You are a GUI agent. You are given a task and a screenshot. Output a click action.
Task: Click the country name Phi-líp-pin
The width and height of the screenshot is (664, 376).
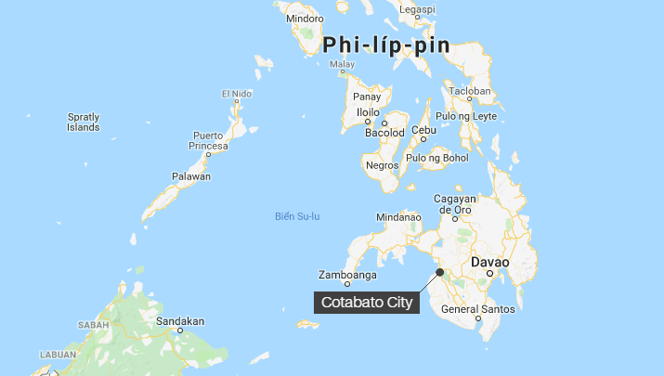point(385,45)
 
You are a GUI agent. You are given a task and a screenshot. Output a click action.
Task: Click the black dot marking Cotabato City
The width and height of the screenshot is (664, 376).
point(439,272)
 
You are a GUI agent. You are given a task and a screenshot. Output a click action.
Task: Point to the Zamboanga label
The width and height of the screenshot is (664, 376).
point(347,275)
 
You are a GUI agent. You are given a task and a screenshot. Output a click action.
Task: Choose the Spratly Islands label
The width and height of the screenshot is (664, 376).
point(84,122)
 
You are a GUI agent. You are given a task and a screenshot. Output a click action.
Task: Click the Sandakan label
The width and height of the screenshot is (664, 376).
point(180,321)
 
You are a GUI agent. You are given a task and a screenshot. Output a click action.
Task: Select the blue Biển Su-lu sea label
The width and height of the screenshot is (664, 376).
point(297,216)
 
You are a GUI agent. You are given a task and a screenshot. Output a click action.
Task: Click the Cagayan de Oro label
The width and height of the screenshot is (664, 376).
point(455,204)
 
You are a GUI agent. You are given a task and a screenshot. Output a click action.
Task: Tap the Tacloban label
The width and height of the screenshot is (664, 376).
point(470,92)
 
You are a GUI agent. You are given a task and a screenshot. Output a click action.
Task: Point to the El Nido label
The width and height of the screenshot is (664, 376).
point(237,94)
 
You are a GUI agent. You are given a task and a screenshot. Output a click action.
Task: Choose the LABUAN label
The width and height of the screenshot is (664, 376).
point(58,355)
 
